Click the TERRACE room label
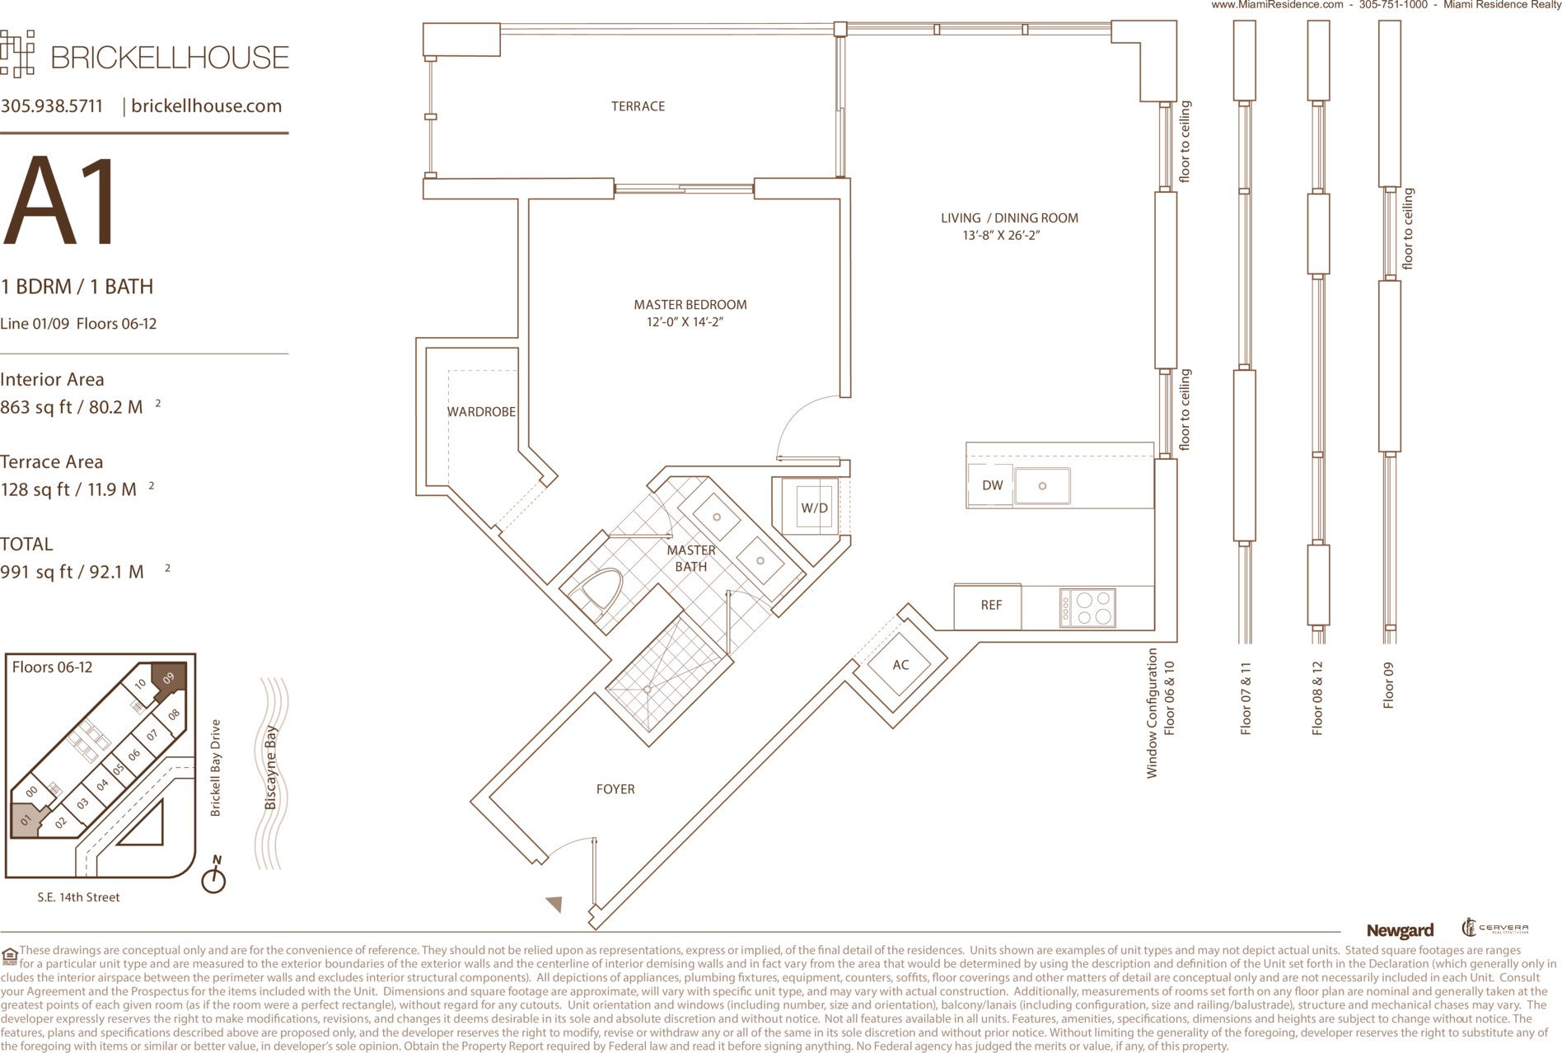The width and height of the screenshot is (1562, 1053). [x=638, y=106]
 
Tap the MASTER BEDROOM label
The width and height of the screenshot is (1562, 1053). [x=690, y=305]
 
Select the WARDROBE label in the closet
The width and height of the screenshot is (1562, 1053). [x=481, y=412]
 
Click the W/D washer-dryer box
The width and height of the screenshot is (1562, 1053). [x=814, y=508]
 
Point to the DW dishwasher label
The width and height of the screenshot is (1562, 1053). [x=993, y=485]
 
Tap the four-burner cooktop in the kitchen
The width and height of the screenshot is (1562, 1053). [x=1087, y=608]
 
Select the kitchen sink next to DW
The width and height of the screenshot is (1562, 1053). [x=1042, y=485]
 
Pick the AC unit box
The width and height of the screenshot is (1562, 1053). [x=900, y=665]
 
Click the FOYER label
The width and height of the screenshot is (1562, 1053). [x=615, y=789]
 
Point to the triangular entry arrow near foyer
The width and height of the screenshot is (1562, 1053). [x=554, y=904]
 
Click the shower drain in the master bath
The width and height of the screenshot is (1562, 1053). [x=648, y=689]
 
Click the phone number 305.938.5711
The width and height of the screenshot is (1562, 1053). [x=52, y=106]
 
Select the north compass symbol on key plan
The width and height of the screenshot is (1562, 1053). [x=214, y=876]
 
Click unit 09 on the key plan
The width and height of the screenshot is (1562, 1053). [x=169, y=678]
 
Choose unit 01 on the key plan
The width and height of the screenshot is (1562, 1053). [x=26, y=821]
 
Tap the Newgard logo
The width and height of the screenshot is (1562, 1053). [x=1400, y=931]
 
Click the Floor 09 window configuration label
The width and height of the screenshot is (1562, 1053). [x=1389, y=686]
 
